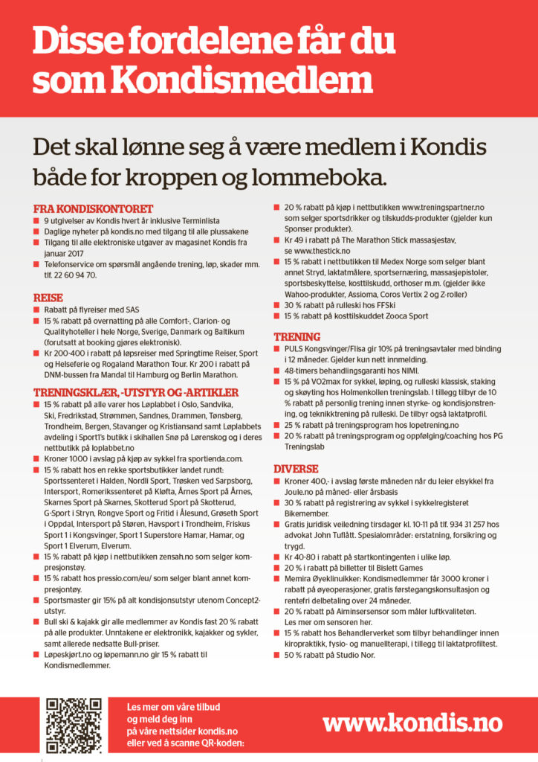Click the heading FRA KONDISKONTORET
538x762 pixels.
coord(94,209)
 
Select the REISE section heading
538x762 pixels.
coord(48,298)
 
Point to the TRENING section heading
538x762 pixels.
coord(297,336)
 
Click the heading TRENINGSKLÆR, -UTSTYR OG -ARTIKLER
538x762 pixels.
coord(136,392)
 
